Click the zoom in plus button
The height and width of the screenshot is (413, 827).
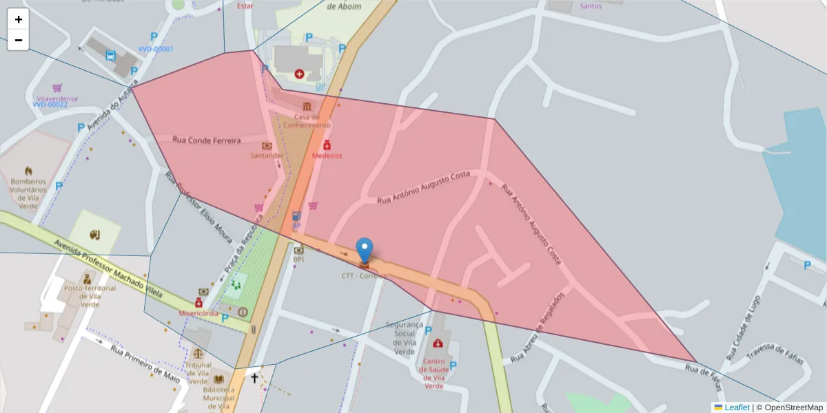(x=19, y=19)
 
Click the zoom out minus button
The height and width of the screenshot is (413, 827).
(x=19, y=40)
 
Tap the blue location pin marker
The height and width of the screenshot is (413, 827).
(x=365, y=251)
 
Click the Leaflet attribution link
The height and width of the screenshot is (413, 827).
(x=737, y=407)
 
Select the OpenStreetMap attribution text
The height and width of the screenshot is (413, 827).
(x=789, y=407)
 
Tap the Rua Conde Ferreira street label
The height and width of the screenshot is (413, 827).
(x=207, y=140)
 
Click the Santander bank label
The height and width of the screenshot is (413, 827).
(x=267, y=156)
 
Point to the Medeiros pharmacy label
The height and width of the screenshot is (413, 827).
(x=327, y=156)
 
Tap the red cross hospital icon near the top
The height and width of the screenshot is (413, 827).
(x=299, y=73)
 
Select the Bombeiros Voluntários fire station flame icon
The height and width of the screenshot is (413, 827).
(x=28, y=171)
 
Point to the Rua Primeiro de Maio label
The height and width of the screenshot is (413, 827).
(x=145, y=364)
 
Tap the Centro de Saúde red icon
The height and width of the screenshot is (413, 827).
(x=438, y=343)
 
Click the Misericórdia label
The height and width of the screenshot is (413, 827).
(x=198, y=313)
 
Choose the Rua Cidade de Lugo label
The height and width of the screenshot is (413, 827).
(x=744, y=329)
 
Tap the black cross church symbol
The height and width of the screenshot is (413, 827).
(x=254, y=378)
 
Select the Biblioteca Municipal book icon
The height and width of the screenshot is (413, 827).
(x=219, y=379)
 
